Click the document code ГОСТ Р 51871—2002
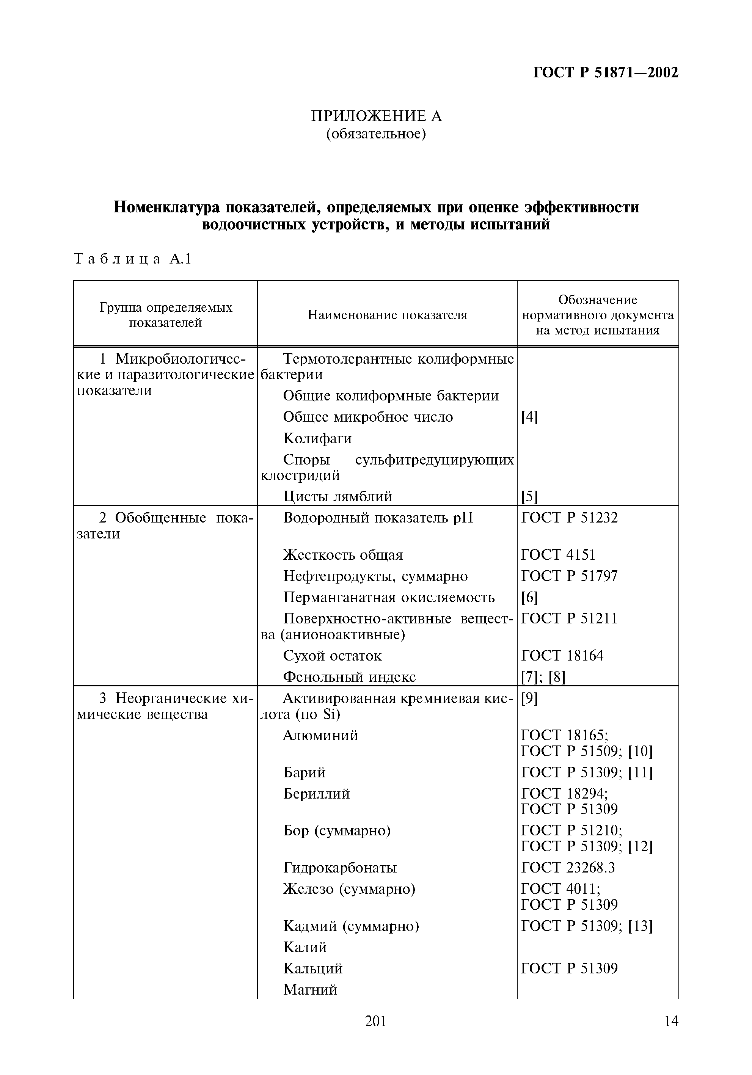606,72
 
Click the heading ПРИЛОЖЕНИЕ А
376,116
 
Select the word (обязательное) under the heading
376,134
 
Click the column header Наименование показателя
387,315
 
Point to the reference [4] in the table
529,417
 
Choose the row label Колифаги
317,439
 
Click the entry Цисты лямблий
337,496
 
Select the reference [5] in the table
529,496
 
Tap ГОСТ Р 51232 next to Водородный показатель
569,517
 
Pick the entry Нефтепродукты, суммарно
375,576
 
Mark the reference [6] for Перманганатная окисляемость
529,598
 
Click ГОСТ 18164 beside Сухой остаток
562,656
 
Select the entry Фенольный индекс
349,676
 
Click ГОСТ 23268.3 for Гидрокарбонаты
568,868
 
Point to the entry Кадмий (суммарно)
351,926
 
